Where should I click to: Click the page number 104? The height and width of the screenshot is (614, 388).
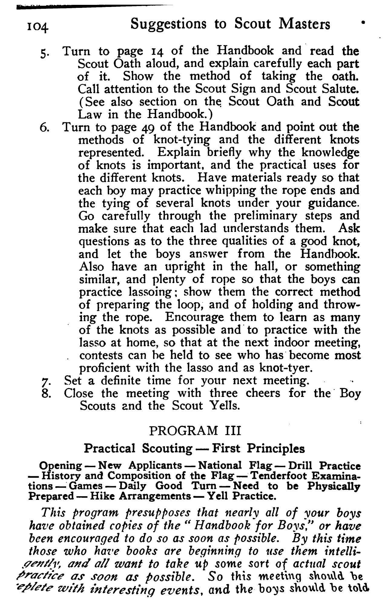pyautogui.click(x=37, y=27)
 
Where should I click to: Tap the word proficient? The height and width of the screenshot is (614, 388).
pyautogui.click(x=105, y=368)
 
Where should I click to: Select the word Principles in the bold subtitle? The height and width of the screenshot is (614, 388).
pyautogui.click(x=276, y=448)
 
